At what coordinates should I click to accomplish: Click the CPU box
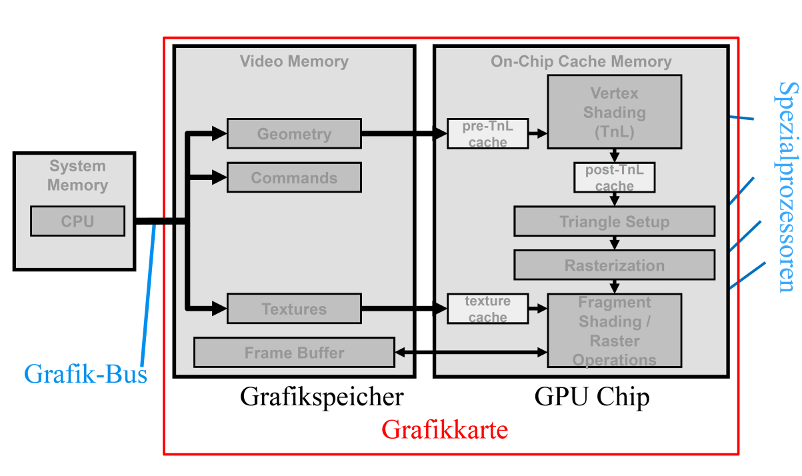[77, 221]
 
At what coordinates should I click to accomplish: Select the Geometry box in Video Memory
[294, 134]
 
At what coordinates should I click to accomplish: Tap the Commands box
[294, 178]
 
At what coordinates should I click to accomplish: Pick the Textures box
[294, 309]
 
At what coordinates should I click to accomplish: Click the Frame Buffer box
[294, 353]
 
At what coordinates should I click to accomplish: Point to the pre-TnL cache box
[487, 134]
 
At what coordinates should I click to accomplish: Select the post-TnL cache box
[614, 178]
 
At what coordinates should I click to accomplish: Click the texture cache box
[487, 309]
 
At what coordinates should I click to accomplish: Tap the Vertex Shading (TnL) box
[614, 111]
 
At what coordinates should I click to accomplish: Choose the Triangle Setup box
[614, 221]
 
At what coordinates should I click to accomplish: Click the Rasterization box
[614, 265]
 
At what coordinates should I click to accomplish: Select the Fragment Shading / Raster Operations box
[614, 331]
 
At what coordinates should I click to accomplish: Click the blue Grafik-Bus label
[85, 374]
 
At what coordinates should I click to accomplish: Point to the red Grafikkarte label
[445, 430]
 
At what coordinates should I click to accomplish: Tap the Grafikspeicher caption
[321, 397]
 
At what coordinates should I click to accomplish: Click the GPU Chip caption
[592, 397]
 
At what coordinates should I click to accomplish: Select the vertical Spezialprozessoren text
[787, 187]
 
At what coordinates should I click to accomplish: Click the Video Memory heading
[294, 62]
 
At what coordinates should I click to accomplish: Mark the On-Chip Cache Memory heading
[581, 62]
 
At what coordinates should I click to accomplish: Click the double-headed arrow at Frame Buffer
[471, 351]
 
